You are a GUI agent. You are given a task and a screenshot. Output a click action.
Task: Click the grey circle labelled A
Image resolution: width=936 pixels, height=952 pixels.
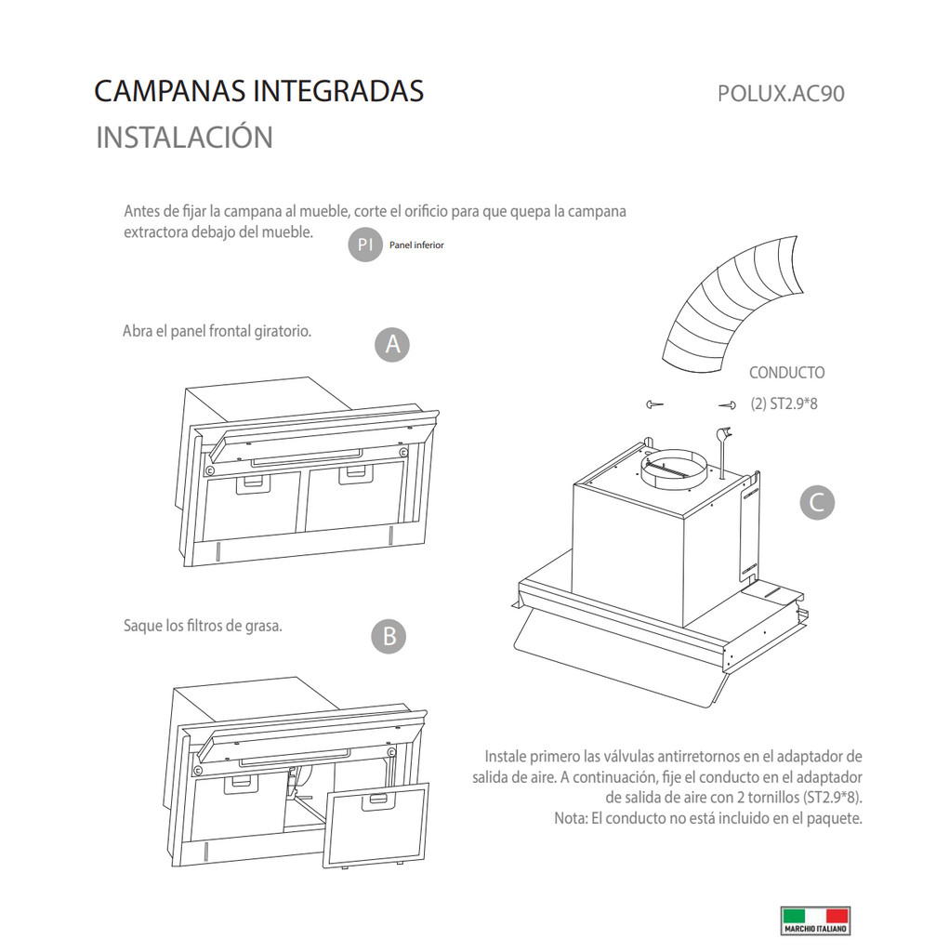click(392, 345)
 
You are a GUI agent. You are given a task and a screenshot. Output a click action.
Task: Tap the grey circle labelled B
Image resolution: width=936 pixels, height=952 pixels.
click(389, 636)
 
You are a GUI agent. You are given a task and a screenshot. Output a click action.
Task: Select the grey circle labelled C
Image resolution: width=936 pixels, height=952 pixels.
click(817, 503)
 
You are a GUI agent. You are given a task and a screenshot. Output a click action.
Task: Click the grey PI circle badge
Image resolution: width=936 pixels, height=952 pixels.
click(364, 245)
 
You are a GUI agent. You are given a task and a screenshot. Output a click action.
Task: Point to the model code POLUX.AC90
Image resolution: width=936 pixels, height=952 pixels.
click(781, 94)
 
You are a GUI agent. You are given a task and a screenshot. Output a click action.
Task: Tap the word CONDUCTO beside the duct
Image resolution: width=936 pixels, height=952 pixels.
click(786, 373)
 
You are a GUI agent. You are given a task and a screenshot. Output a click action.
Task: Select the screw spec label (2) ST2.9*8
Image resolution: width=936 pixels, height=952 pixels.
click(784, 403)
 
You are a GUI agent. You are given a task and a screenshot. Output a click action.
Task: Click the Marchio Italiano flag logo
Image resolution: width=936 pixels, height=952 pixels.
click(815, 920)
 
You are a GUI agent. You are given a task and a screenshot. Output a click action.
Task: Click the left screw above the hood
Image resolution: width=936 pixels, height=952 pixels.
click(654, 403)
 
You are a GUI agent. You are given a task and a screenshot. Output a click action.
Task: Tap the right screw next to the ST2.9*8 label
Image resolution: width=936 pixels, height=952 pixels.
click(727, 405)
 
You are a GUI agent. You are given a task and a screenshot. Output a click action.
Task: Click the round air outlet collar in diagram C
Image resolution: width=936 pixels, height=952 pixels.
click(674, 468)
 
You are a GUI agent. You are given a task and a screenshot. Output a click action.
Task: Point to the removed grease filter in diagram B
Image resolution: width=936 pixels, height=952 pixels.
click(376, 826)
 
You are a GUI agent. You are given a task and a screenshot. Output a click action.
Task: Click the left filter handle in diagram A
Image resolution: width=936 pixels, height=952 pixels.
click(250, 483)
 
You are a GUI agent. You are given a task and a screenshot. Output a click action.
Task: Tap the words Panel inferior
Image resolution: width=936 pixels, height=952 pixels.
click(416, 245)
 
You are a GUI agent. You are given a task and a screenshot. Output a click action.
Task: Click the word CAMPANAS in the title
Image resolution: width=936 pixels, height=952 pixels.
click(171, 91)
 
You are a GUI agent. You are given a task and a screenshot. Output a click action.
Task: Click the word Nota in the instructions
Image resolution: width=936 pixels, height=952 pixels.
click(570, 818)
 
